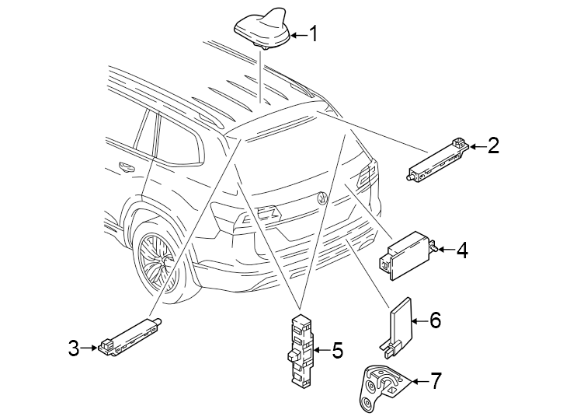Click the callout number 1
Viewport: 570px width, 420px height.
(x=314, y=33)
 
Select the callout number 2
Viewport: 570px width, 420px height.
(x=492, y=145)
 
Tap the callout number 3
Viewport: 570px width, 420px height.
(x=74, y=348)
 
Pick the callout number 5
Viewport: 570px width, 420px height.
(x=336, y=351)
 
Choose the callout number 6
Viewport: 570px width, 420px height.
(x=435, y=319)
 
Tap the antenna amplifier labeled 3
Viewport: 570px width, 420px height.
(x=128, y=338)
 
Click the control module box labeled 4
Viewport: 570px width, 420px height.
(x=407, y=253)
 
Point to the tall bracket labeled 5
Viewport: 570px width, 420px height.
(x=301, y=350)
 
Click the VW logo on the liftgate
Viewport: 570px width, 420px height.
(x=321, y=198)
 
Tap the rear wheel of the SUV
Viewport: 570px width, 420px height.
(x=155, y=261)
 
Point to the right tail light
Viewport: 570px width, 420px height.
(x=368, y=177)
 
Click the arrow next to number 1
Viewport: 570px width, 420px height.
(x=297, y=34)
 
